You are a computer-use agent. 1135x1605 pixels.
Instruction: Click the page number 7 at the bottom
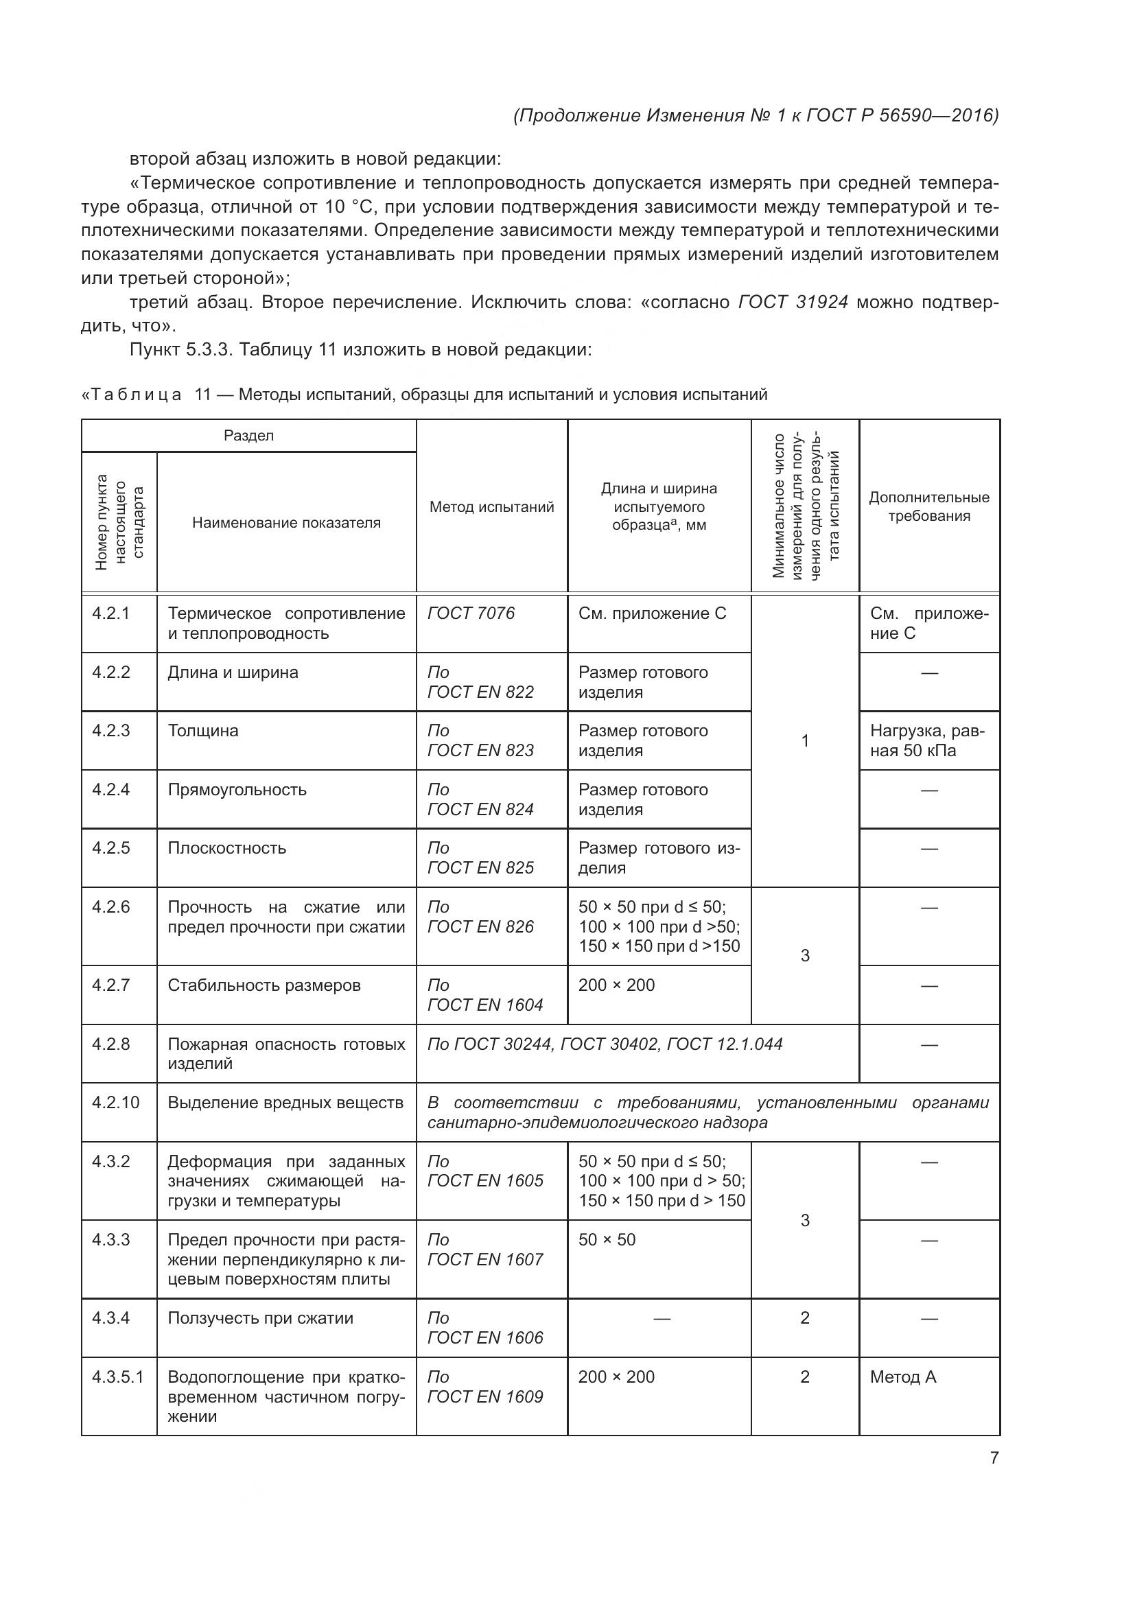pyautogui.click(x=994, y=1458)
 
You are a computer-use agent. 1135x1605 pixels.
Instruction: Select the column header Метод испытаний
pyautogui.click(x=491, y=507)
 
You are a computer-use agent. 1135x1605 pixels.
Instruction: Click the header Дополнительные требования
pyautogui.click(x=929, y=507)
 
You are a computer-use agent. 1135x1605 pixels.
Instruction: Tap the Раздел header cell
pyautogui.click(x=249, y=436)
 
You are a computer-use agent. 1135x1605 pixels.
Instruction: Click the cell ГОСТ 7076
pyautogui.click(x=471, y=613)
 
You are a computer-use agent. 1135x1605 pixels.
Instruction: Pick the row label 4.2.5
pyautogui.click(x=111, y=848)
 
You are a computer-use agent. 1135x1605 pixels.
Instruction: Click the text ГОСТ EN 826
pyautogui.click(x=480, y=926)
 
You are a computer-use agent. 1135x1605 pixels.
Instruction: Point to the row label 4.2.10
pyautogui.click(x=116, y=1103)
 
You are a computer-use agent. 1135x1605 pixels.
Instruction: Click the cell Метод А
pyautogui.click(x=903, y=1377)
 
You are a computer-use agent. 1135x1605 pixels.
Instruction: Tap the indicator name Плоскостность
pyautogui.click(x=227, y=848)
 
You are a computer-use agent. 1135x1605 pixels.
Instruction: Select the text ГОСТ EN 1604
pyautogui.click(x=485, y=1005)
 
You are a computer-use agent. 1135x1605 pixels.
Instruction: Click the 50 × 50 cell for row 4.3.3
pyautogui.click(x=607, y=1239)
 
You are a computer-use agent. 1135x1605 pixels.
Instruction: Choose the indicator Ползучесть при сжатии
pyautogui.click(x=261, y=1317)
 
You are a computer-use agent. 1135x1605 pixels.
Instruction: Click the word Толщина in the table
pyautogui.click(x=203, y=731)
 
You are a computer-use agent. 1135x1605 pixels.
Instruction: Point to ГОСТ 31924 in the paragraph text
pyautogui.click(x=793, y=302)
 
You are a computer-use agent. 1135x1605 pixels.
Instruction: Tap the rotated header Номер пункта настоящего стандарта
pyautogui.click(x=119, y=522)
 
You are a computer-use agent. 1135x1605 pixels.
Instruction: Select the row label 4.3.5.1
pyautogui.click(x=118, y=1377)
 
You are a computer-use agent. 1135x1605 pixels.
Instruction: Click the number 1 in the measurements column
pyautogui.click(x=805, y=741)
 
